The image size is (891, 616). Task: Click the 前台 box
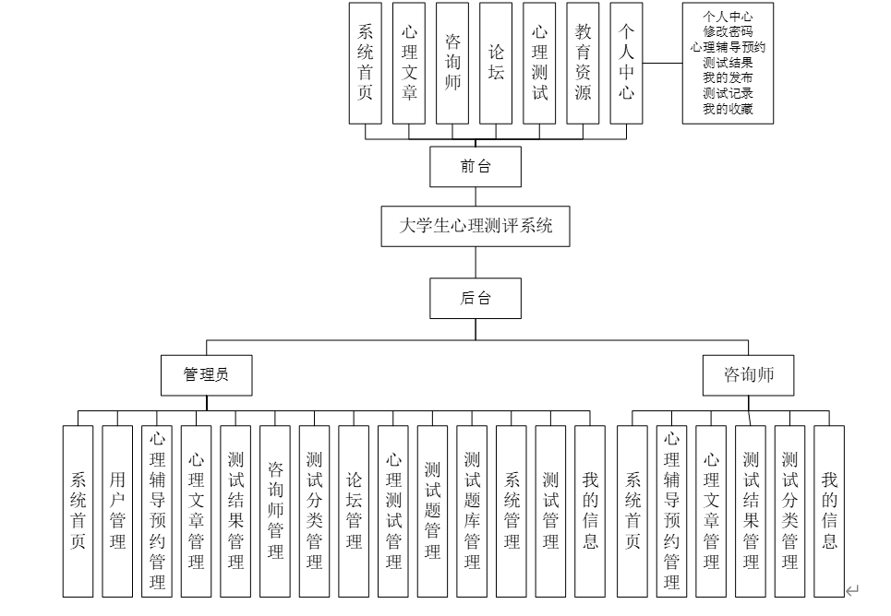click(x=476, y=167)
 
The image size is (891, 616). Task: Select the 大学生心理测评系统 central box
click(x=476, y=226)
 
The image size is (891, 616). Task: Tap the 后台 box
click(x=476, y=298)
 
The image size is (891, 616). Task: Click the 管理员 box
click(x=206, y=375)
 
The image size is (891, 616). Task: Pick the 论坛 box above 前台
click(x=496, y=63)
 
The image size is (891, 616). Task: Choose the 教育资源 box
click(x=583, y=63)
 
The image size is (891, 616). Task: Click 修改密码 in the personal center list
click(x=728, y=30)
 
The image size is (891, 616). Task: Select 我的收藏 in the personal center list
click(x=728, y=109)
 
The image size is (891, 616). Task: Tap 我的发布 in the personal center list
click(x=728, y=77)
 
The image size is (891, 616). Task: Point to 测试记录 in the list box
click(x=728, y=93)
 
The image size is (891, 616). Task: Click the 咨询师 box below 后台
click(x=748, y=375)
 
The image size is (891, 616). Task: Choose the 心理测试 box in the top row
click(x=539, y=63)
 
